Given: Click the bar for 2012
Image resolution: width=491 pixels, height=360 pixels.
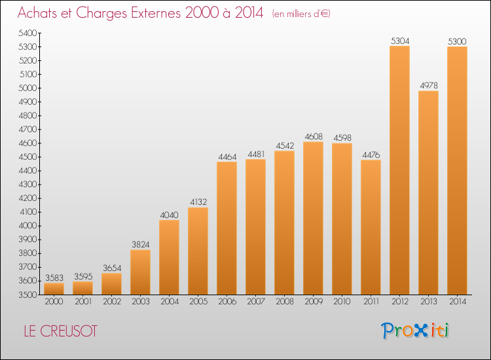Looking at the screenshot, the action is [x=399, y=170].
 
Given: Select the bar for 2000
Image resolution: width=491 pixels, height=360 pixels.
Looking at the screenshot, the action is [x=54, y=289].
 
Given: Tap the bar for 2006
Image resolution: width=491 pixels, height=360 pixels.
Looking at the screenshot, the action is [x=227, y=228].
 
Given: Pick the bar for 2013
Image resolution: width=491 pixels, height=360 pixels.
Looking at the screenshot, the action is [x=428, y=193].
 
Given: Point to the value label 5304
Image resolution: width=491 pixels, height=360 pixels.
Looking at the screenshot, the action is [x=400, y=41].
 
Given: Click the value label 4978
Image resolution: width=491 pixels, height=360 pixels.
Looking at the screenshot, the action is [x=429, y=86].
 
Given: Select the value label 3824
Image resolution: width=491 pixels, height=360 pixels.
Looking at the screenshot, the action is [x=141, y=245].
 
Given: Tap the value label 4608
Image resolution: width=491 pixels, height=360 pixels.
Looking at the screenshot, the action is [x=314, y=137].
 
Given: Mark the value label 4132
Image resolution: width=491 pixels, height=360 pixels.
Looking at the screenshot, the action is [x=198, y=202].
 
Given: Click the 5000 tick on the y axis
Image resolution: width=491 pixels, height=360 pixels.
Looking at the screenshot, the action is [x=28, y=88].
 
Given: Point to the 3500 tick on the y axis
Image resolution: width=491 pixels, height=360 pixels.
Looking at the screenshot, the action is [x=28, y=295].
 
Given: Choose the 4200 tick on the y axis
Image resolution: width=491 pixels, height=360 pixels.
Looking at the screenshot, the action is [x=28, y=198].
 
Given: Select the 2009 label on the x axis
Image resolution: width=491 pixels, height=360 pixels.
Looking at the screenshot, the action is [x=314, y=302].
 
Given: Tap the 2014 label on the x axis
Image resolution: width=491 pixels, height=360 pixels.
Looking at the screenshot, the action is [x=458, y=302].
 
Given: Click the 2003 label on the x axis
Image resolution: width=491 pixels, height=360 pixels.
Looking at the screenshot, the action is [x=141, y=302].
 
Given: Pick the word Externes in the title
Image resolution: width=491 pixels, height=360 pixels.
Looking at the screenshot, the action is [x=156, y=12].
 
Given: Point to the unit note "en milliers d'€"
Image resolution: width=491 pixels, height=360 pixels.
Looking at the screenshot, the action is [x=301, y=14].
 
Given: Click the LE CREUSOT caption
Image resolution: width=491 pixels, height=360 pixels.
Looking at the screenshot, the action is [x=61, y=331].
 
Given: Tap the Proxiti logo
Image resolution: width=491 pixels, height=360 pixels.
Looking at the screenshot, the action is [x=415, y=331].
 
